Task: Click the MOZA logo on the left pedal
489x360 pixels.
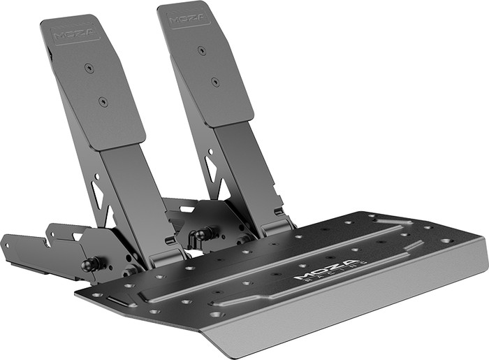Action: pyautogui.click(x=70, y=33)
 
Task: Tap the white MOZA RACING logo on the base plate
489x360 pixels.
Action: pyautogui.click(x=326, y=269)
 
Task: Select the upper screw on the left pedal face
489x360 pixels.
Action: pyautogui.click(x=89, y=68)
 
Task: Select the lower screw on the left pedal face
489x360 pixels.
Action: pyautogui.click(x=103, y=101)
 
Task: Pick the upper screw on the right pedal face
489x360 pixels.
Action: pyautogui.click(x=201, y=50)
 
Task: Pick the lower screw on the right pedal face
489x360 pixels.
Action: pyautogui.click(x=214, y=82)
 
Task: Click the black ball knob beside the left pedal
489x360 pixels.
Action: pyautogui.click(x=90, y=264)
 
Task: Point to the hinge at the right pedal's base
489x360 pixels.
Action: pyautogui.click(x=275, y=225)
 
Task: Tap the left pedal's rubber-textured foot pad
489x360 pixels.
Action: pyautogui.click(x=94, y=84)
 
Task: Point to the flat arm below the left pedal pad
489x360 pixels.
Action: pyautogui.click(x=126, y=196)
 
